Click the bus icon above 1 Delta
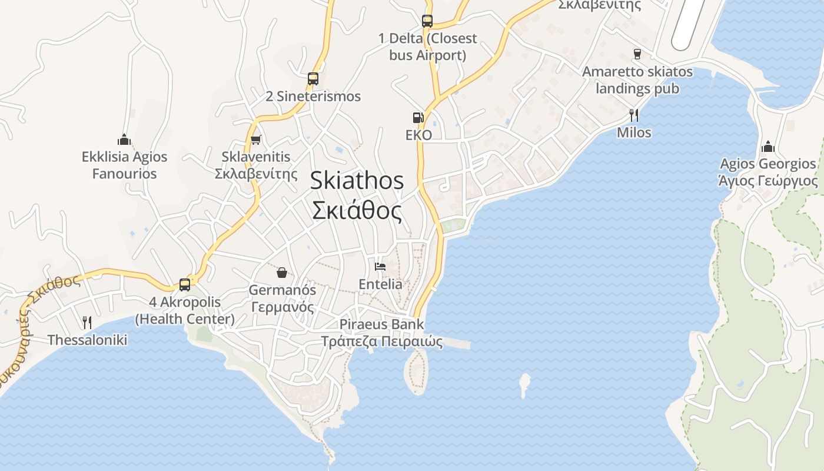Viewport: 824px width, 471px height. (x=427, y=21)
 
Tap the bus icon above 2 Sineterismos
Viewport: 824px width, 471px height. (x=313, y=78)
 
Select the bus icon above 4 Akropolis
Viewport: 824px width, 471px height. (x=185, y=284)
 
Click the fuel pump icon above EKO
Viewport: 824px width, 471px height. (x=418, y=117)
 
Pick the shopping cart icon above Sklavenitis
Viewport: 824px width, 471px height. (x=255, y=140)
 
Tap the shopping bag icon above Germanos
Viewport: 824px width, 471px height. (x=282, y=273)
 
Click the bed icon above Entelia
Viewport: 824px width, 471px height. (x=380, y=267)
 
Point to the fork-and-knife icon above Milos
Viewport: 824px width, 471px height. (x=634, y=115)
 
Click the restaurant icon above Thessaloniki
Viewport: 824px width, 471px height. (x=87, y=322)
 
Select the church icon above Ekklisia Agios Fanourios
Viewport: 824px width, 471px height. (x=124, y=140)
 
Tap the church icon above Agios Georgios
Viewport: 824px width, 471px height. (x=767, y=146)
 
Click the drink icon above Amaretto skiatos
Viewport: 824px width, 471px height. (x=637, y=54)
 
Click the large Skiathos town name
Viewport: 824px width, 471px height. (x=357, y=180)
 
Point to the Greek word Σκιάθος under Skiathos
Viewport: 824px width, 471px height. (x=357, y=210)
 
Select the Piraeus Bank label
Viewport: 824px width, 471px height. (x=381, y=324)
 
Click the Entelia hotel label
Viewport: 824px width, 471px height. (x=381, y=284)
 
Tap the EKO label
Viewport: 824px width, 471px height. (x=418, y=135)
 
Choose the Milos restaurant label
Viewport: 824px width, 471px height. (x=634, y=132)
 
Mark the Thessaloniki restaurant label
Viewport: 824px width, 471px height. (x=87, y=340)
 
